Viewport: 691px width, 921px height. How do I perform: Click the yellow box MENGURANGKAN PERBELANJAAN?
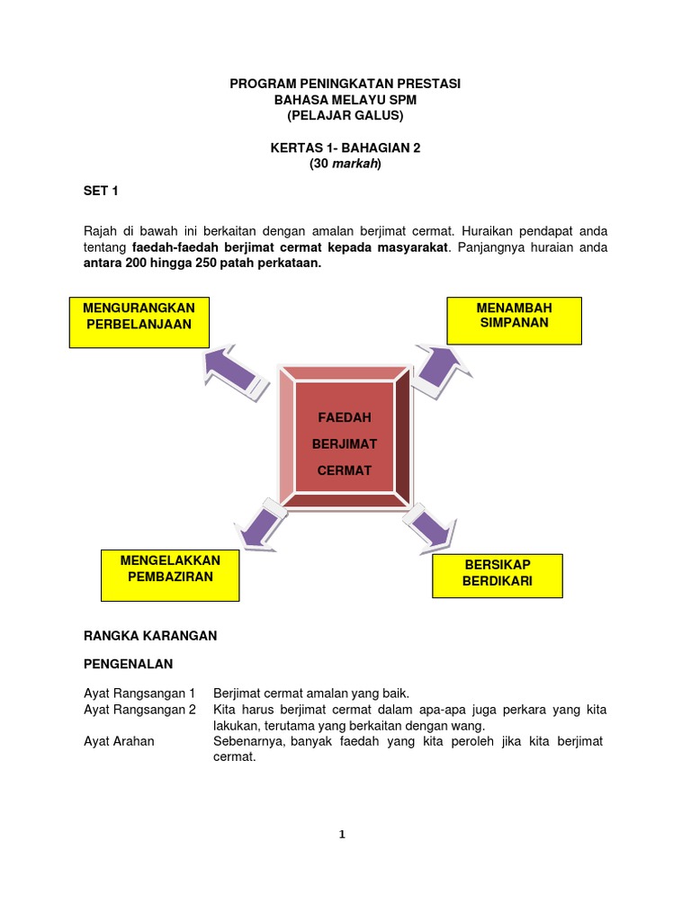(x=139, y=322)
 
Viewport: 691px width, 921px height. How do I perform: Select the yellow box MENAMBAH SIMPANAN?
(x=514, y=320)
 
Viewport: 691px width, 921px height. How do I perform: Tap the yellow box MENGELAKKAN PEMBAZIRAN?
(x=170, y=575)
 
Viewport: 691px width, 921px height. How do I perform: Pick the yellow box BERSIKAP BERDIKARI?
(x=498, y=576)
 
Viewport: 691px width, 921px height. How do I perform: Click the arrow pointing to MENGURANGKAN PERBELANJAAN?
(x=236, y=371)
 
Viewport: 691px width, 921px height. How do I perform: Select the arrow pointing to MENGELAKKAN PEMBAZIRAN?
(x=259, y=523)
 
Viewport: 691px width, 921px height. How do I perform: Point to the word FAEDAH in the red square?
(x=344, y=418)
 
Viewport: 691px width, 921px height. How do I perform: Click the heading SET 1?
(x=101, y=192)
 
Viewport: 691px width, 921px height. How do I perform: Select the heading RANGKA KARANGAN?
(x=150, y=635)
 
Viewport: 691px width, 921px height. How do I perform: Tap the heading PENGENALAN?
(x=128, y=664)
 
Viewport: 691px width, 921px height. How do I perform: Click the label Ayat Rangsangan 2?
(x=139, y=710)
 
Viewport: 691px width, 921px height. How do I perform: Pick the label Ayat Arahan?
(x=119, y=741)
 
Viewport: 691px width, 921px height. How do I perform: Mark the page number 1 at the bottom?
(x=342, y=835)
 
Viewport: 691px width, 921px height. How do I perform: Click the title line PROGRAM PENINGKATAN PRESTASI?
(x=345, y=84)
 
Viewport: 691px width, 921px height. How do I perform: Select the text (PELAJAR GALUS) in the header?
(x=345, y=116)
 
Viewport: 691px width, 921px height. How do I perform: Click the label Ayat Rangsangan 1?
(x=139, y=693)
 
